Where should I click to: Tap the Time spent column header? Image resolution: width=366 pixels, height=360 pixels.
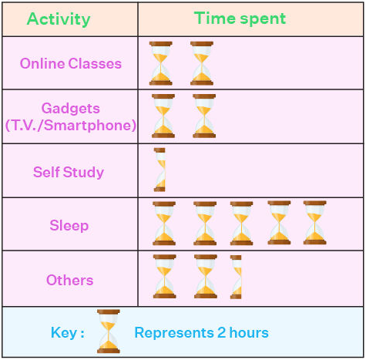pos(240,19)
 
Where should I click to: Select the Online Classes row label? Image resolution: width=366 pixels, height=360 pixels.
pos(71,63)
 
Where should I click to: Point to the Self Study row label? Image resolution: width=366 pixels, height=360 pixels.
pos(69,172)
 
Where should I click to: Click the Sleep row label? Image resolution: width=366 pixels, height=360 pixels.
pos(69,226)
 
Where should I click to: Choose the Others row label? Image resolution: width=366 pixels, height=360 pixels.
pos(69,280)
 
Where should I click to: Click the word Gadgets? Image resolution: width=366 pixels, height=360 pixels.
pos(71,109)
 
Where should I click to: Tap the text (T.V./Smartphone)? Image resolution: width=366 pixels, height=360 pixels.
pos(70,125)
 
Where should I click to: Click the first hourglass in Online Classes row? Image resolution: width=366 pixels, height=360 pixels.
pos(161,63)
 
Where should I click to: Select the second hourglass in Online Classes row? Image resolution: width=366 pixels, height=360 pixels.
pos(202,63)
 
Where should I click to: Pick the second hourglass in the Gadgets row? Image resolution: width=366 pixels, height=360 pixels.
pos(204,116)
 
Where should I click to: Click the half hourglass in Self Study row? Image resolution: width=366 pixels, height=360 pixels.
pos(159,170)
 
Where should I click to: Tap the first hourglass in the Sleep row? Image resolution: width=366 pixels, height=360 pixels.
pos(164,224)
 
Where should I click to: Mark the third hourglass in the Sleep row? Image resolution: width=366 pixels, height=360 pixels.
pos(241,224)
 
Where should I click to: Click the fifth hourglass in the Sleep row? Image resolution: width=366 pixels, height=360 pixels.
pos(314,223)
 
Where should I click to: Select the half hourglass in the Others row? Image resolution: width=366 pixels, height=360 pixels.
pos(236,277)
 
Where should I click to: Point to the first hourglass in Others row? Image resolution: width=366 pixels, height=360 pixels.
pos(164,276)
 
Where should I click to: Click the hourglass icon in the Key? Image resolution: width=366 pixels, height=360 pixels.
pos(109,331)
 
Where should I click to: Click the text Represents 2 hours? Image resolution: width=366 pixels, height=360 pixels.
pos(201,333)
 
